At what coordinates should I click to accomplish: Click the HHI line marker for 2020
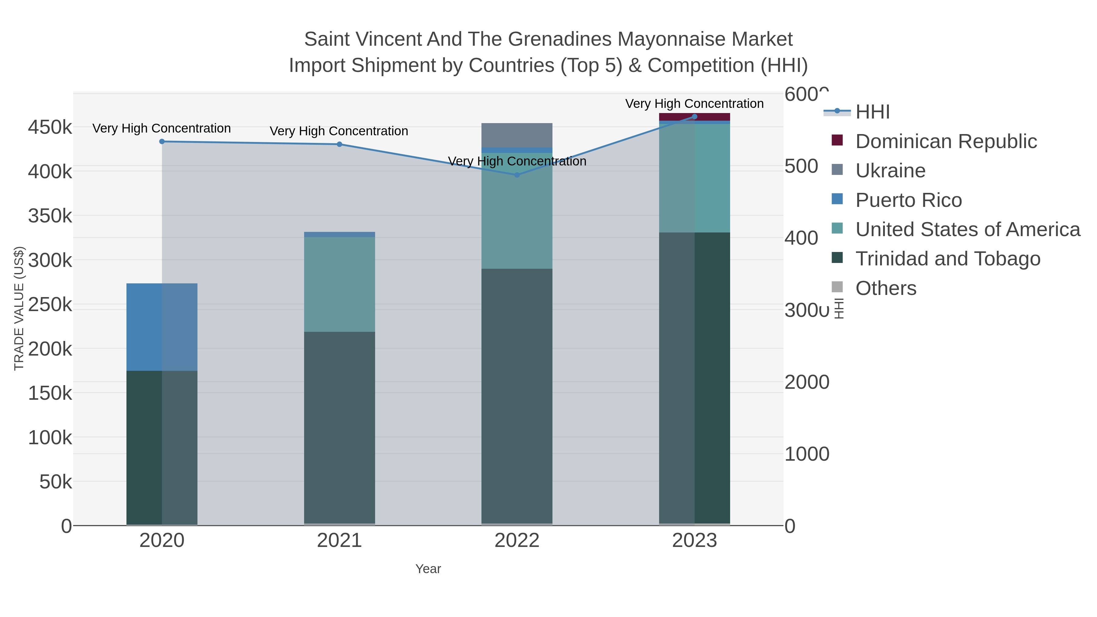(x=162, y=142)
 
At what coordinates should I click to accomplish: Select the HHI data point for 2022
(x=517, y=175)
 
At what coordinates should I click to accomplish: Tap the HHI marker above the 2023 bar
(x=694, y=117)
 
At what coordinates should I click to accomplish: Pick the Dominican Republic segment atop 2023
(x=694, y=117)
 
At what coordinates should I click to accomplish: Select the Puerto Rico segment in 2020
(x=162, y=327)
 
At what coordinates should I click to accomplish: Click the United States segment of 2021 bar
(x=339, y=285)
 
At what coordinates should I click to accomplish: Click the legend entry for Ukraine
(x=890, y=171)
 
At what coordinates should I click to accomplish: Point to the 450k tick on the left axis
(x=50, y=127)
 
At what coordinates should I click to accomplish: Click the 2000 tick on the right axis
(x=807, y=382)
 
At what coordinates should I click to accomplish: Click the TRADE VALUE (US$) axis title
(x=19, y=308)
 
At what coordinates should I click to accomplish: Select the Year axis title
(x=428, y=569)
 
